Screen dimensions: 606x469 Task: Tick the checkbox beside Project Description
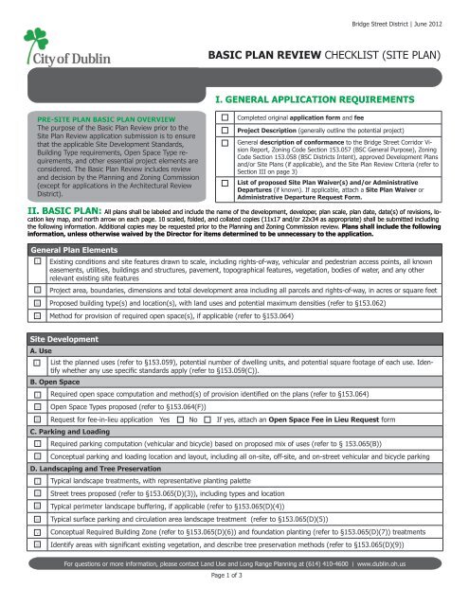224,130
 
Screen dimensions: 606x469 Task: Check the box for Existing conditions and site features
37,259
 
